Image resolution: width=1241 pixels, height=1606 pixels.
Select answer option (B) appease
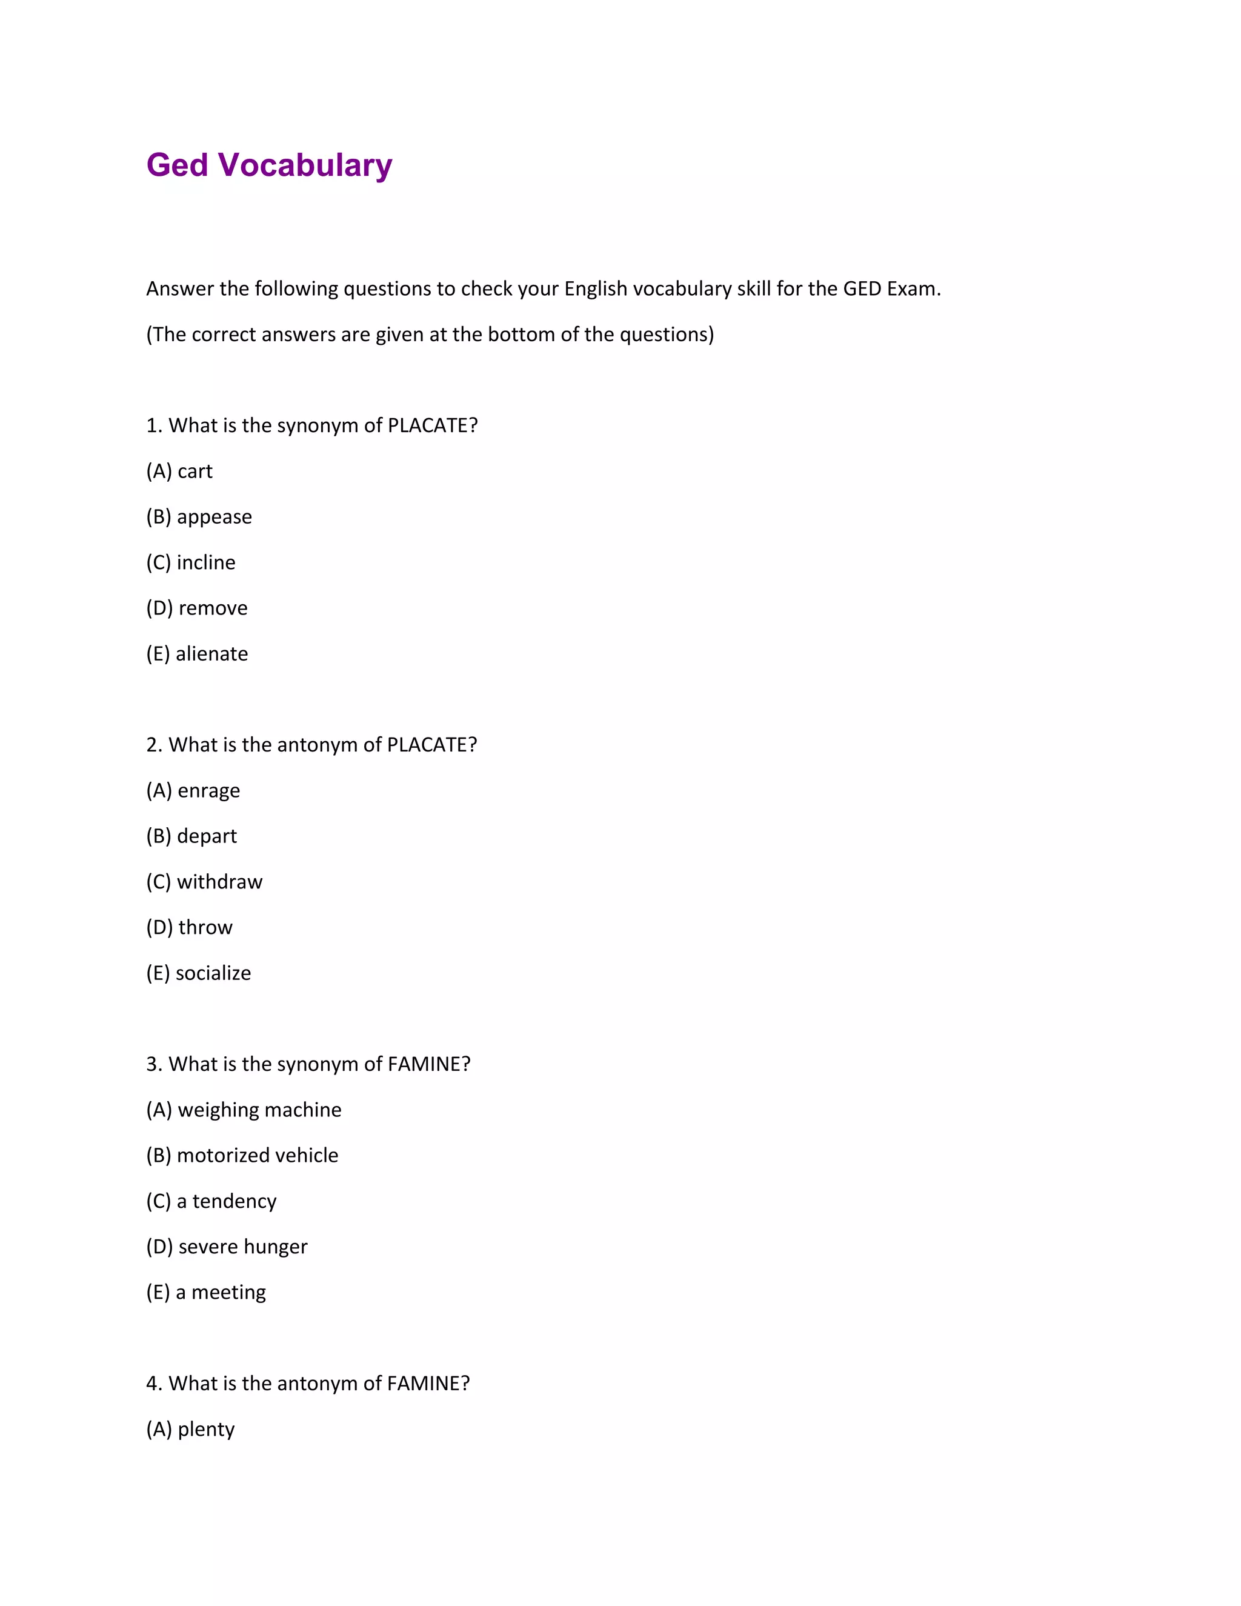[199, 517]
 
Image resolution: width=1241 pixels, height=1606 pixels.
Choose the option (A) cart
[179, 471]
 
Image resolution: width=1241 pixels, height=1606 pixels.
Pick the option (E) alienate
[196, 654]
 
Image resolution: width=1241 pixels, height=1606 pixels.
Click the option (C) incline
[190, 562]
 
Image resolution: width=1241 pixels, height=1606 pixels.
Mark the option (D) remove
[196, 608]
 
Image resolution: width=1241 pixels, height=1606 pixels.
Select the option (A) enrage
[193, 790]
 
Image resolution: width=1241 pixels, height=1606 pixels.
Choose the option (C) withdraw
[204, 882]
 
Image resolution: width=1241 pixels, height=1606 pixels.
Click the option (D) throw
[189, 927]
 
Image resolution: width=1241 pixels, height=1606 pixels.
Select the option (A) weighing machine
[244, 1110]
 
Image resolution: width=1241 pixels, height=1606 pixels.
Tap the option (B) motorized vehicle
[242, 1155]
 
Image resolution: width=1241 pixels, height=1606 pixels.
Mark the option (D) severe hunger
[227, 1247]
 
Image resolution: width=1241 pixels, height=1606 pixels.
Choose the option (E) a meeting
[206, 1292]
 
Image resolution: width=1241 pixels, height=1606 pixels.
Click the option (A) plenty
[190, 1429]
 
